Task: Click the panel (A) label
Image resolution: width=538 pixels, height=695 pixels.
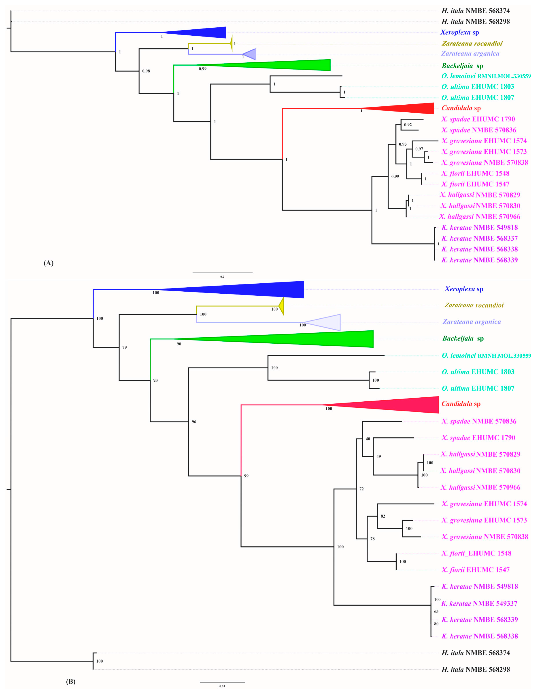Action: coord(48,263)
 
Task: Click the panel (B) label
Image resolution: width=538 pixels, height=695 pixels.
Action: coord(70,681)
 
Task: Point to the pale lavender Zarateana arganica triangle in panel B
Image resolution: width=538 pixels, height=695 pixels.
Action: coord(328,322)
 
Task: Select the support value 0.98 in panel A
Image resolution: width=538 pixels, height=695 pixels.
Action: coord(146,71)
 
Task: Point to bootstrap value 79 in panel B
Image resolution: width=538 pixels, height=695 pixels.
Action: coord(125,347)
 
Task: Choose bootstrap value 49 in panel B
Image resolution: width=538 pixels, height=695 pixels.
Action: coord(378,456)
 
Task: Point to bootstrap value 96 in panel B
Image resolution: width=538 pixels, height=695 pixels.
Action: coord(194,422)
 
